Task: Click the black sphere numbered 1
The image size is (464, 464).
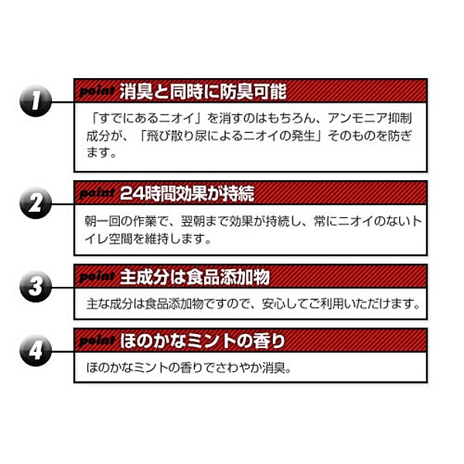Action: point(36,101)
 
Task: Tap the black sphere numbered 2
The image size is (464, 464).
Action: point(36,203)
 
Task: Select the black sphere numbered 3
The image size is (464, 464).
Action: point(36,286)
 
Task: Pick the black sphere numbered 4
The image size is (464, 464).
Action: point(36,350)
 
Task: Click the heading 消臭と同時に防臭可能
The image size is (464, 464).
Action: point(203,91)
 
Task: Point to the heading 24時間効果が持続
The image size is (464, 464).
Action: point(187,193)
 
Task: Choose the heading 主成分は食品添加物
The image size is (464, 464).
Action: point(195,278)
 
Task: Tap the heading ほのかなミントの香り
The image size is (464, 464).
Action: point(203,341)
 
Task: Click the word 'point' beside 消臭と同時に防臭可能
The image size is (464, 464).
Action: point(97,91)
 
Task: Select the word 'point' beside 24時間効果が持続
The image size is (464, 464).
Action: point(97,193)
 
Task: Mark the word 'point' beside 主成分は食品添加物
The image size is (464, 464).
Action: point(97,277)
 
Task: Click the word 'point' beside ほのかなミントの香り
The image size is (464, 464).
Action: point(97,341)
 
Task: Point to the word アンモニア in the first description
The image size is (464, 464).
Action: point(357,118)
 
